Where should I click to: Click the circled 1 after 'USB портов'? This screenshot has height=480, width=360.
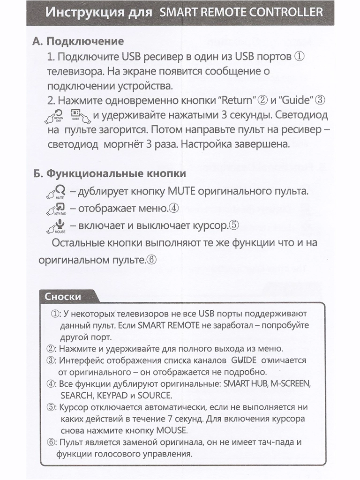[x=300, y=57]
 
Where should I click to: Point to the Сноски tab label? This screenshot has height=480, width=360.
[x=63, y=296]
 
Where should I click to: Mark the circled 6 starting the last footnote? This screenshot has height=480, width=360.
[x=51, y=442]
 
